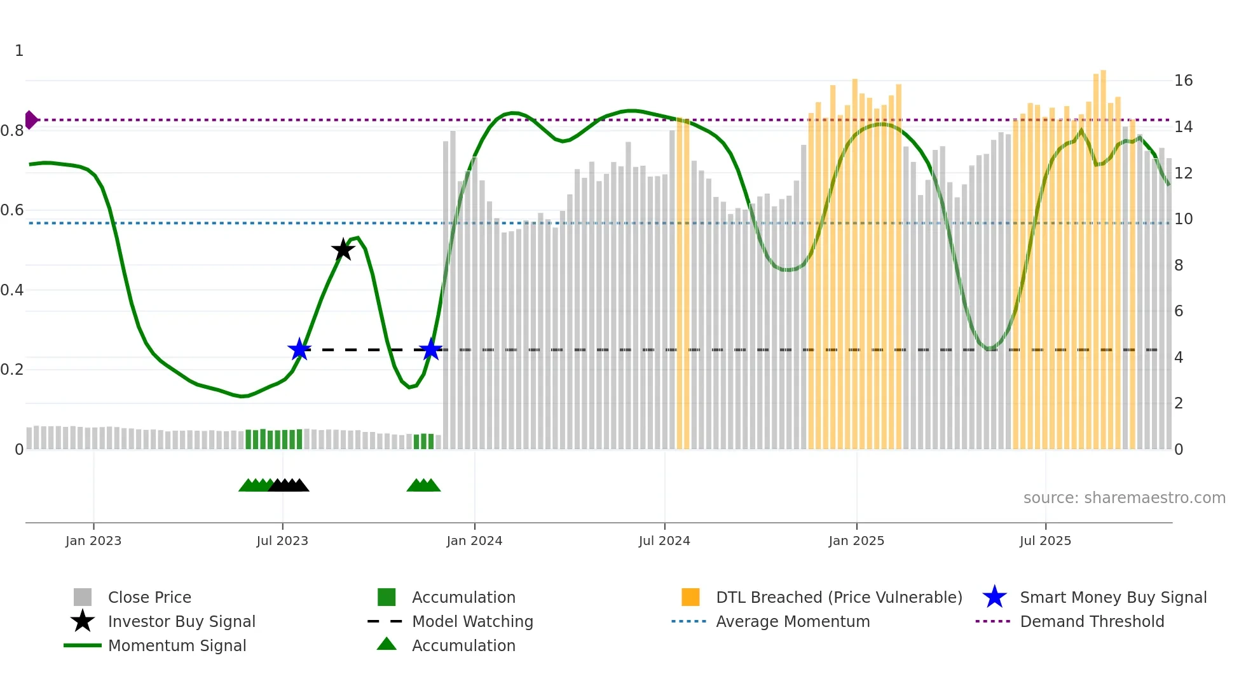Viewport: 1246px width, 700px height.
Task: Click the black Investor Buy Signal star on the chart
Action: click(343, 250)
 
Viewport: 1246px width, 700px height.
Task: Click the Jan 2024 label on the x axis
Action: click(474, 541)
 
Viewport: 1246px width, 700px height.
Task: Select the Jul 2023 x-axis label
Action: click(282, 541)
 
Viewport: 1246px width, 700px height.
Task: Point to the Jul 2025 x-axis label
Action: click(1045, 541)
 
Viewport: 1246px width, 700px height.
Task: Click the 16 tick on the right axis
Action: click(1183, 81)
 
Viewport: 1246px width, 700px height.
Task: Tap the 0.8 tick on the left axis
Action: click(13, 131)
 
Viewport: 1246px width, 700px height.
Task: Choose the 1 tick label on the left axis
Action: click(19, 51)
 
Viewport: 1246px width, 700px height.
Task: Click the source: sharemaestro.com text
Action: click(1124, 498)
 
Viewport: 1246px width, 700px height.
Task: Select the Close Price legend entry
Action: click(149, 598)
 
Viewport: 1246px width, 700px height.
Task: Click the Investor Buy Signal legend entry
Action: click(181, 622)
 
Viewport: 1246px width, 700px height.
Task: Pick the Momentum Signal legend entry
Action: click(177, 646)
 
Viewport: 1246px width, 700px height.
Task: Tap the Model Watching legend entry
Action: click(472, 622)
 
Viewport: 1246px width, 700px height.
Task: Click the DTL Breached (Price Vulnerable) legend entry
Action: click(839, 598)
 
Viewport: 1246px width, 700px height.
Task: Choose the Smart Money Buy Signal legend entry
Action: click(1112, 598)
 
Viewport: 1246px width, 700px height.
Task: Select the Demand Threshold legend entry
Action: click(1092, 622)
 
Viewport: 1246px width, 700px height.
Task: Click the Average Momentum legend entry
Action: click(793, 622)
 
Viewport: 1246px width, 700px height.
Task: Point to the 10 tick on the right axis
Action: click(1183, 219)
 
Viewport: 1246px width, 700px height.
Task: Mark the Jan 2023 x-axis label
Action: click(93, 541)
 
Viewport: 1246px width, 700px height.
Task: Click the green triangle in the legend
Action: click(387, 645)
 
